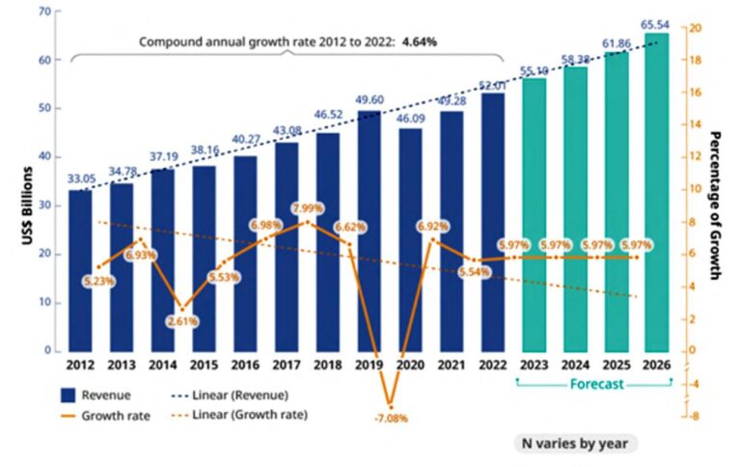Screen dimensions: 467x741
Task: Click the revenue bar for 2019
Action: pos(369,231)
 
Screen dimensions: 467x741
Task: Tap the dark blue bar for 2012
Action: pos(81,270)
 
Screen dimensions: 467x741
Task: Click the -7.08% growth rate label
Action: pos(392,420)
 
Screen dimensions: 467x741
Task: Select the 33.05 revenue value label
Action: pos(81,178)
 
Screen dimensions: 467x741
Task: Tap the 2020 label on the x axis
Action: pos(409,366)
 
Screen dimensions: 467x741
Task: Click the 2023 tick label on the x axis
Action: pos(534,366)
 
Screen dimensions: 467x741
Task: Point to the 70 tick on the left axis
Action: pos(44,12)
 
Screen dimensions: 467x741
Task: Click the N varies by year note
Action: pos(574,442)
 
